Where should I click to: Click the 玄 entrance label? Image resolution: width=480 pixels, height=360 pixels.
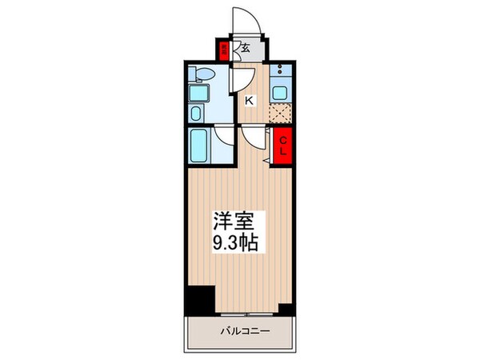click(245, 49)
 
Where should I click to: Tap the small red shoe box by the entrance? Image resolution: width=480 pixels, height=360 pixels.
click(225, 50)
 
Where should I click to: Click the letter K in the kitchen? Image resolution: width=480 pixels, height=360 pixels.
click(250, 100)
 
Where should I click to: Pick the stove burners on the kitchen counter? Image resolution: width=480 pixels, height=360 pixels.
click(279, 71)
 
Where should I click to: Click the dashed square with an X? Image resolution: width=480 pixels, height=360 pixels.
click(279, 114)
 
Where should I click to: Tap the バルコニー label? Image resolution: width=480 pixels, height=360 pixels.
click(241, 330)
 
